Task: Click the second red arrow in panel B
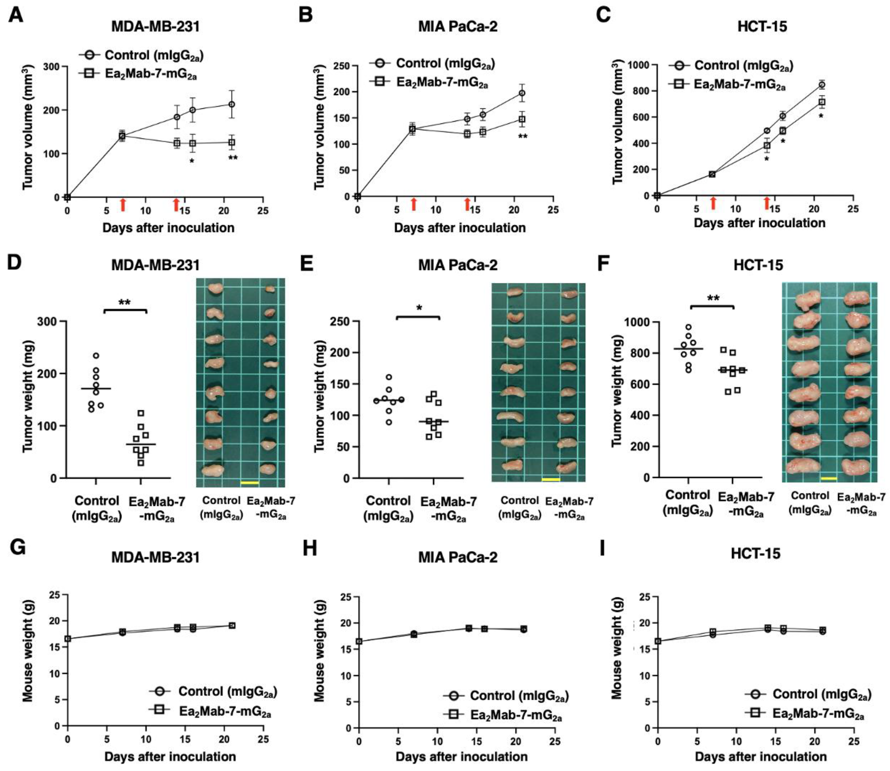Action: point(467,204)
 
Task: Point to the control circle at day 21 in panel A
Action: point(232,104)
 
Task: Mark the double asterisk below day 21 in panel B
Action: point(522,137)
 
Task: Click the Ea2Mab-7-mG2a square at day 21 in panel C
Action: point(822,102)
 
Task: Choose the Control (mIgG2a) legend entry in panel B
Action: point(432,64)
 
